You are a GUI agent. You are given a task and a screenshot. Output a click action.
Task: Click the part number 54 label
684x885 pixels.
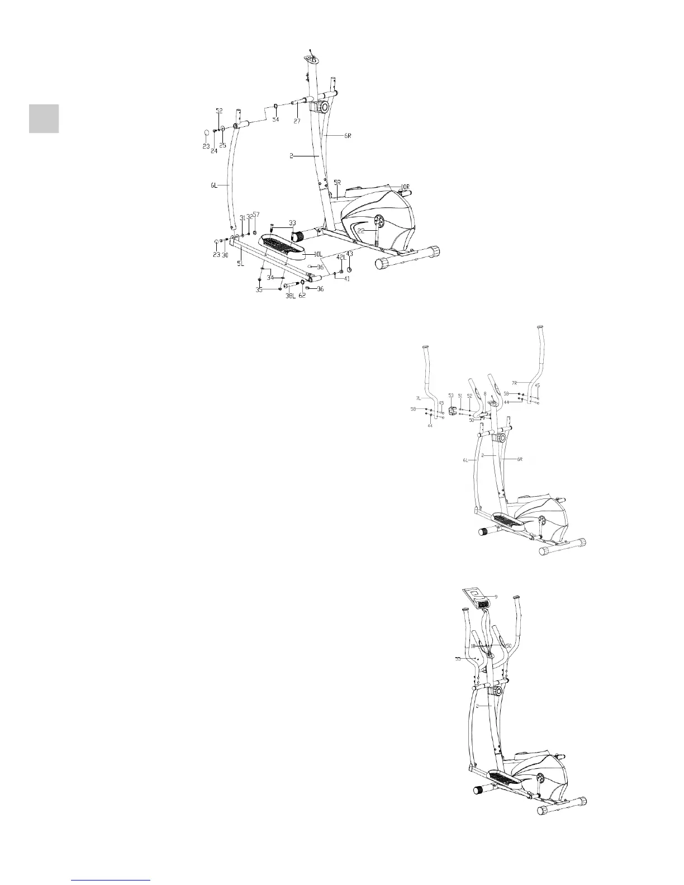click(x=275, y=120)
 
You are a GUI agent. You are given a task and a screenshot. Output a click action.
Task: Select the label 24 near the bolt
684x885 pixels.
click(x=214, y=151)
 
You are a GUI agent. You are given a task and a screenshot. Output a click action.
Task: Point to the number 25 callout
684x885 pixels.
click(x=222, y=145)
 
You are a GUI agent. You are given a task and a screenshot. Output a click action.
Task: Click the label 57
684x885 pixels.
click(x=256, y=215)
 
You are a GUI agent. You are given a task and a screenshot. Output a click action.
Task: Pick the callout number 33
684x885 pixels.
click(x=292, y=222)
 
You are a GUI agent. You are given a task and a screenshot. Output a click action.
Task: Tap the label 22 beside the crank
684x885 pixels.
click(x=362, y=230)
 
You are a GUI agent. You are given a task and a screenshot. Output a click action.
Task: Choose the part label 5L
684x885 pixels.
click(x=241, y=263)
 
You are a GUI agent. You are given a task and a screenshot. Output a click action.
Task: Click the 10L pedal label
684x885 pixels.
click(x=318, y=254)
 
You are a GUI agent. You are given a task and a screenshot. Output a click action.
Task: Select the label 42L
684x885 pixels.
click(x=340, y=257)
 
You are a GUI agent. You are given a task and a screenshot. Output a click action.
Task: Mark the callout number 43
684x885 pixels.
click(x=350, y=254)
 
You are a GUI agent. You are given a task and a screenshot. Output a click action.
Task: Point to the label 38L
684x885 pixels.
click(x=291, y=296)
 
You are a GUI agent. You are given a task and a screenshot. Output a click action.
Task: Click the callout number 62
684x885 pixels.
click(x=302, y=296)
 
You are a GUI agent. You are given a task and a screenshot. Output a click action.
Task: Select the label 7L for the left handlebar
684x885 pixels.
click(x=419, y=398)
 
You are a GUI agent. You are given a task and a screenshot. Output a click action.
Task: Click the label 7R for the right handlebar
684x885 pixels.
click(x=515, y=383)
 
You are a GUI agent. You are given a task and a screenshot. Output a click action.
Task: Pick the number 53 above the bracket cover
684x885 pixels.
click(x=451, y=396)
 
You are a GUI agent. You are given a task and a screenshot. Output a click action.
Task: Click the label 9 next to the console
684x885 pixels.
click(x=495, y=596)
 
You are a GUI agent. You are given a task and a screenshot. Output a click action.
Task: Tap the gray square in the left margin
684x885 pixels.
click(x=44, y=118)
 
